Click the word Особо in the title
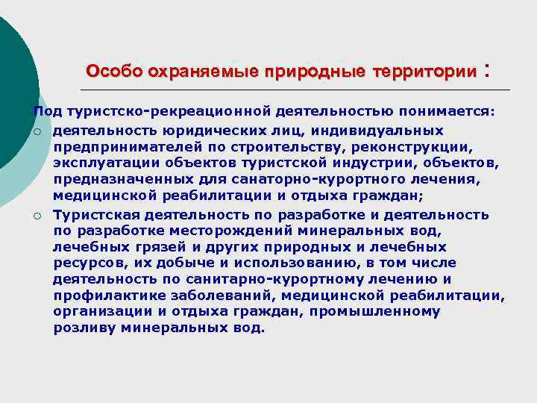tap(113, 72)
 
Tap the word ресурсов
tap(83, 263)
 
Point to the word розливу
tap(81, 329)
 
